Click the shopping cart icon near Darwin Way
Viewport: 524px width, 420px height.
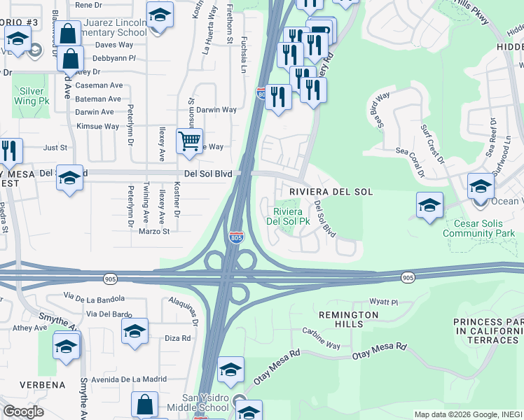189,141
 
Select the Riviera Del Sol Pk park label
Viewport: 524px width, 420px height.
288,216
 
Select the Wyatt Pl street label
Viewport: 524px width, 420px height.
385,302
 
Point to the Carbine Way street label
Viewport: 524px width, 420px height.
321,337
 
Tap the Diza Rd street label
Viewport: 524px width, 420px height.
177,338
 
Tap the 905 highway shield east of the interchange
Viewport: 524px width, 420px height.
408,278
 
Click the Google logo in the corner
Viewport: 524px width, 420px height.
23,412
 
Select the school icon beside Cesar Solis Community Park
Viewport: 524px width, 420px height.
429,206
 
